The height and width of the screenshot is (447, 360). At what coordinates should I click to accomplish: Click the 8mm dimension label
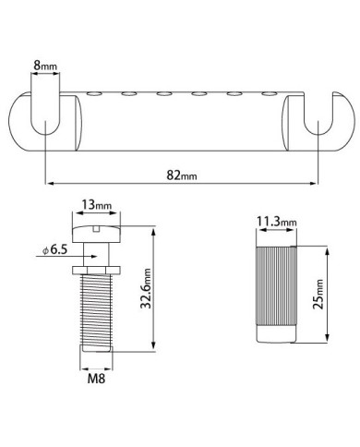(45, 66)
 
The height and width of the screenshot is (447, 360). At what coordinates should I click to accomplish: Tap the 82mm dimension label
(182, 175)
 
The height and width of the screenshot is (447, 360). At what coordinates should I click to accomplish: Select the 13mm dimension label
(96, 204)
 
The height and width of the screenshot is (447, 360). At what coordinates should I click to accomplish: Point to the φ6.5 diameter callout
(54, 249)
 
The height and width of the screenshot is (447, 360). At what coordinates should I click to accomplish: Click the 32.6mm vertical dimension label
(146, 288)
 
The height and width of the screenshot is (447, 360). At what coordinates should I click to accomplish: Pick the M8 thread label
(96, 379)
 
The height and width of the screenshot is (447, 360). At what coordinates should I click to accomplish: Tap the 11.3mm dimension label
(277, 222)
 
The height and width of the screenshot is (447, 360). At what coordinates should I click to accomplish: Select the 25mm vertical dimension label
(318, 294)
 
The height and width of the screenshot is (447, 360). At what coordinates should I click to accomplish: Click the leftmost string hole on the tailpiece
(95, 94)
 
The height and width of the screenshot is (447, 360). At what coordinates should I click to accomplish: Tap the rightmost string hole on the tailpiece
(270, 94)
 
